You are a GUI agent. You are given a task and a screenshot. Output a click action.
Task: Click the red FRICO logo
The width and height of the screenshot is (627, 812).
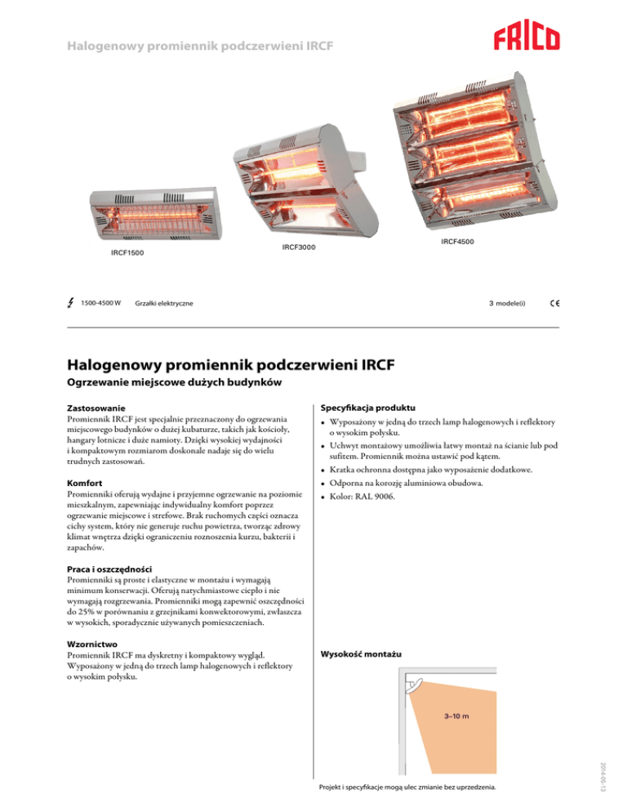point(526,38)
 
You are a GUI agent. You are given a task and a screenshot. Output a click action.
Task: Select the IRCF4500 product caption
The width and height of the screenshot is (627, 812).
point(457,241)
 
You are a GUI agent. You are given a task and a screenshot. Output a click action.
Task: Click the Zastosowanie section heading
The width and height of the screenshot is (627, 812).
point(96,407)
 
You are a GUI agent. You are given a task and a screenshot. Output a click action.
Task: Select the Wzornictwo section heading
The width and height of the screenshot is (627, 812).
point(91,642)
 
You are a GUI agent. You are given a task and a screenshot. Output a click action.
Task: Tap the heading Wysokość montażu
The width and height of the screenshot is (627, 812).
point(361,654)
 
